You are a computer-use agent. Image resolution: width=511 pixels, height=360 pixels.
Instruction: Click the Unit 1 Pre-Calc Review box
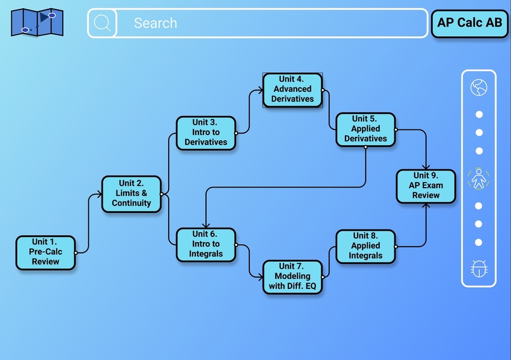pos(46,252)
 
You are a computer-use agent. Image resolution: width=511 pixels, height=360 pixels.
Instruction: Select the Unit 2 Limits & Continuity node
pos(131,194)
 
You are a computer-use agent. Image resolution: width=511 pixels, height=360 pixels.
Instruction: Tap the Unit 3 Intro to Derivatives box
pos(206,133)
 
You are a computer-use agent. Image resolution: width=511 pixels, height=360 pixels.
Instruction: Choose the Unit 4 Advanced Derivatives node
pos(292,89)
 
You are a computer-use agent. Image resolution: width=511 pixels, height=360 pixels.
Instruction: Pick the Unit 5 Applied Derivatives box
pos(365,129)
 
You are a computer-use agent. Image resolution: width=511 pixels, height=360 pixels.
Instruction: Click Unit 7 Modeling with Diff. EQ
pos(292,276)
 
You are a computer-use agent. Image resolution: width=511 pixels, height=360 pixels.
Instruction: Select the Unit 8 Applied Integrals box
pos(365,246)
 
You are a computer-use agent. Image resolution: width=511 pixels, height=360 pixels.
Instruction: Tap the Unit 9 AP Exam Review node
pos(426,186)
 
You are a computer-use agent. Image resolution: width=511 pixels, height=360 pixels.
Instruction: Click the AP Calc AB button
pos(470,23)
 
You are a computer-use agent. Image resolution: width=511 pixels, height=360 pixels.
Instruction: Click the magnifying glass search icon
pos(102,23)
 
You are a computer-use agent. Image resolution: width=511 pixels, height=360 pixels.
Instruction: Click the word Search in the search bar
pos(155,23)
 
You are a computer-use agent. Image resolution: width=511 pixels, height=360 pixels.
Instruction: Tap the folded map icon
pos(37,22)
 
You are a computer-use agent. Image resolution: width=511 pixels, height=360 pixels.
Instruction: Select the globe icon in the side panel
pos(479,87)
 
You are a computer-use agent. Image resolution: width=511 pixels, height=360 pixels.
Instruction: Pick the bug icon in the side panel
pos(479,269)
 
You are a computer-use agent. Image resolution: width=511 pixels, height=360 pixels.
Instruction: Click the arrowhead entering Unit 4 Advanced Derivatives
pos(261,90)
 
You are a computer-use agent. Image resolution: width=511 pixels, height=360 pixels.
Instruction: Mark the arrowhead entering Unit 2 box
pos(100,195)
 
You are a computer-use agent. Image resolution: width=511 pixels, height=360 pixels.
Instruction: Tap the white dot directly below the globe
pos(479,115)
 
